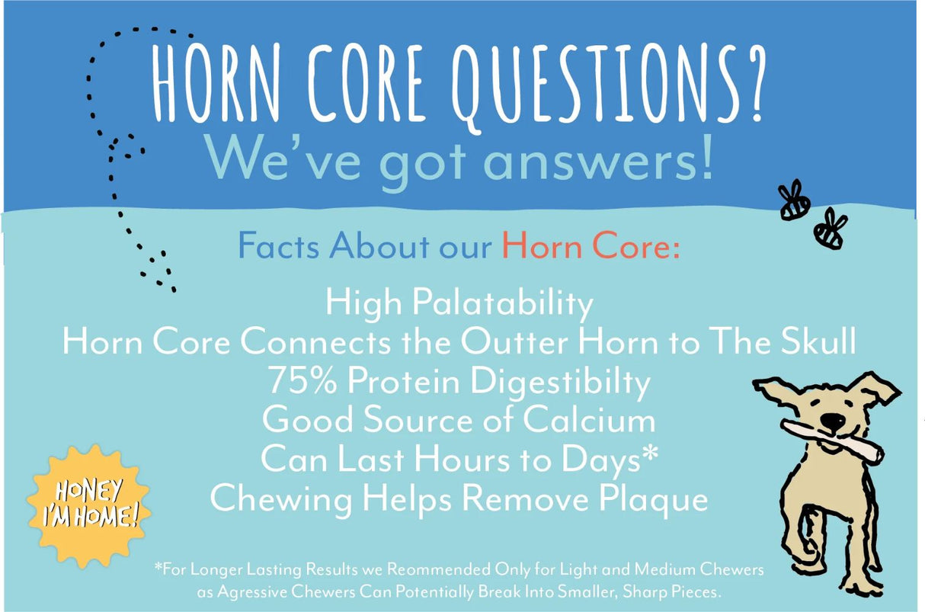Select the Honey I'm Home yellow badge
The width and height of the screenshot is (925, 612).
click(90, 505)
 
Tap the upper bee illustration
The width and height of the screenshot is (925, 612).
click(794, 200)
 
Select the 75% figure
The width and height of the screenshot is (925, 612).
click(306, 381)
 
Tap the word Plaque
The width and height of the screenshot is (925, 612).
click(652, 500)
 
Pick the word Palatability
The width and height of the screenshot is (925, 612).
click(503, 303)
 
